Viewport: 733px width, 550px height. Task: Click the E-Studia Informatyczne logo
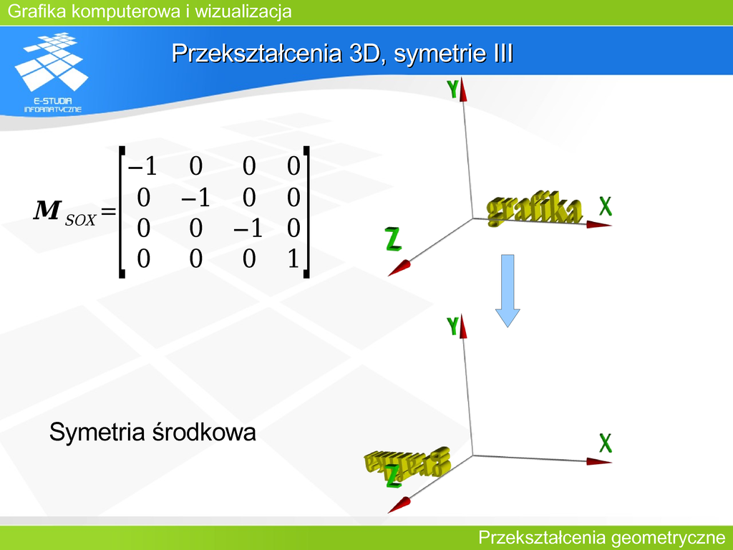point(52,72)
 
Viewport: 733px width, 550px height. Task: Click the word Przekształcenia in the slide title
point(257,53)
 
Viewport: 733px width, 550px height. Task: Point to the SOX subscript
point(80,220)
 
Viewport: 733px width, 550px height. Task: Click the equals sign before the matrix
point(108,211)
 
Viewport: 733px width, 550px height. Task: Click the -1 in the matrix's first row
point(142,166)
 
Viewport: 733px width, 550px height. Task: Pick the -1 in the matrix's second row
point(195,198)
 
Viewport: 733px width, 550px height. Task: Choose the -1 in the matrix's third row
point(248,228)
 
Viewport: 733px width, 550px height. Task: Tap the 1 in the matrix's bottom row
point(293,259)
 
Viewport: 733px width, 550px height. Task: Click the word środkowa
point(204,432)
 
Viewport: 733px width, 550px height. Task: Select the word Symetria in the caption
point(97,432)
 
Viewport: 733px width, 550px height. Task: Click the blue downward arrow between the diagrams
point(508,291)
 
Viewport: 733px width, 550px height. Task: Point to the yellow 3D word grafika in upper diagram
point(534,208)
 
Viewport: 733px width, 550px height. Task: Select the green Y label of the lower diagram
point(452,326)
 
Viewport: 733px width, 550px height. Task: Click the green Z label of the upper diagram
point(393,239)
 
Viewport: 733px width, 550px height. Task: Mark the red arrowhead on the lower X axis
point(599,462)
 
